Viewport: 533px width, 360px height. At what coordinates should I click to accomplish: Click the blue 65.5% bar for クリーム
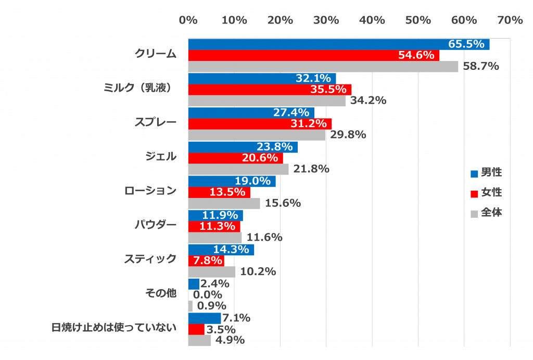click(x=338, y=44)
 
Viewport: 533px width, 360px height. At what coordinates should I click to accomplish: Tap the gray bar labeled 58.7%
click(x=323, y=67)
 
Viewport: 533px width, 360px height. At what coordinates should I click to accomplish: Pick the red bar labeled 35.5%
click(x=270, y=90)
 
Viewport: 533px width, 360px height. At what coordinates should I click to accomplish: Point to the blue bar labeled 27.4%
click(x=251, y=113)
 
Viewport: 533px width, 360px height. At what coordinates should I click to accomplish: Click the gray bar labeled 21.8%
click(x=238, y=169)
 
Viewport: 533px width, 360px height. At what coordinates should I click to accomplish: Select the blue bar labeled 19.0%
click(x=232, y=181)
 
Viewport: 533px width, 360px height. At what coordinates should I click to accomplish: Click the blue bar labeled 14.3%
click(x=221, y=250)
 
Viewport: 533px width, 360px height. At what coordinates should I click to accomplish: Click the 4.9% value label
click(x=230, y=340)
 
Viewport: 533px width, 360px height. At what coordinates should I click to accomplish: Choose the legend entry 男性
click(x=487, y=172)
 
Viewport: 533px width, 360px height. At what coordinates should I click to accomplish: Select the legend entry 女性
click(x=487, y=193)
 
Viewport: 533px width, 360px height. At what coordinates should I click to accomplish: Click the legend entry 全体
click(x=487, y=213)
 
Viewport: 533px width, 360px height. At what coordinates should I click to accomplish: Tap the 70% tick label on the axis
click(x=510, y=20)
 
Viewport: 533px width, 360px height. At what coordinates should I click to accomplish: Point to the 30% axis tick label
click(x=326, y=20)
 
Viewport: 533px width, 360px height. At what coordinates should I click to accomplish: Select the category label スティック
click(x=150, y=258)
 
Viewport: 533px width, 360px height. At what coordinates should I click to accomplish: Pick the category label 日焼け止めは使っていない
click(x=114, y=328)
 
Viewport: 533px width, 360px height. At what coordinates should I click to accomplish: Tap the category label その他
click(x=161, y=293)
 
